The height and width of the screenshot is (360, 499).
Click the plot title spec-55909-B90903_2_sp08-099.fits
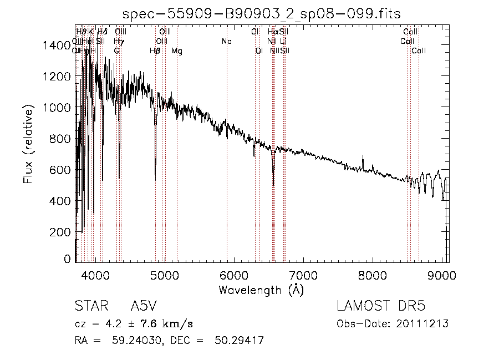262,14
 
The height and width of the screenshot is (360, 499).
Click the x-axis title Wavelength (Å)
261,290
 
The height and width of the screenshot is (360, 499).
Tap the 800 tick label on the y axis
61,139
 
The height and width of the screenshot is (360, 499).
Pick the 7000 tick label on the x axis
303,275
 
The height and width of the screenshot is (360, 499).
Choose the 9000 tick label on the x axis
442,275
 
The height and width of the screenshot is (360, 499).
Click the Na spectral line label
226,42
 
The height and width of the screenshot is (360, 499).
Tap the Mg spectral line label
176,51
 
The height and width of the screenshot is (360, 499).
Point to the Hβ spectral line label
155,51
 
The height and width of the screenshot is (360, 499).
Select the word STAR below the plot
90,306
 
